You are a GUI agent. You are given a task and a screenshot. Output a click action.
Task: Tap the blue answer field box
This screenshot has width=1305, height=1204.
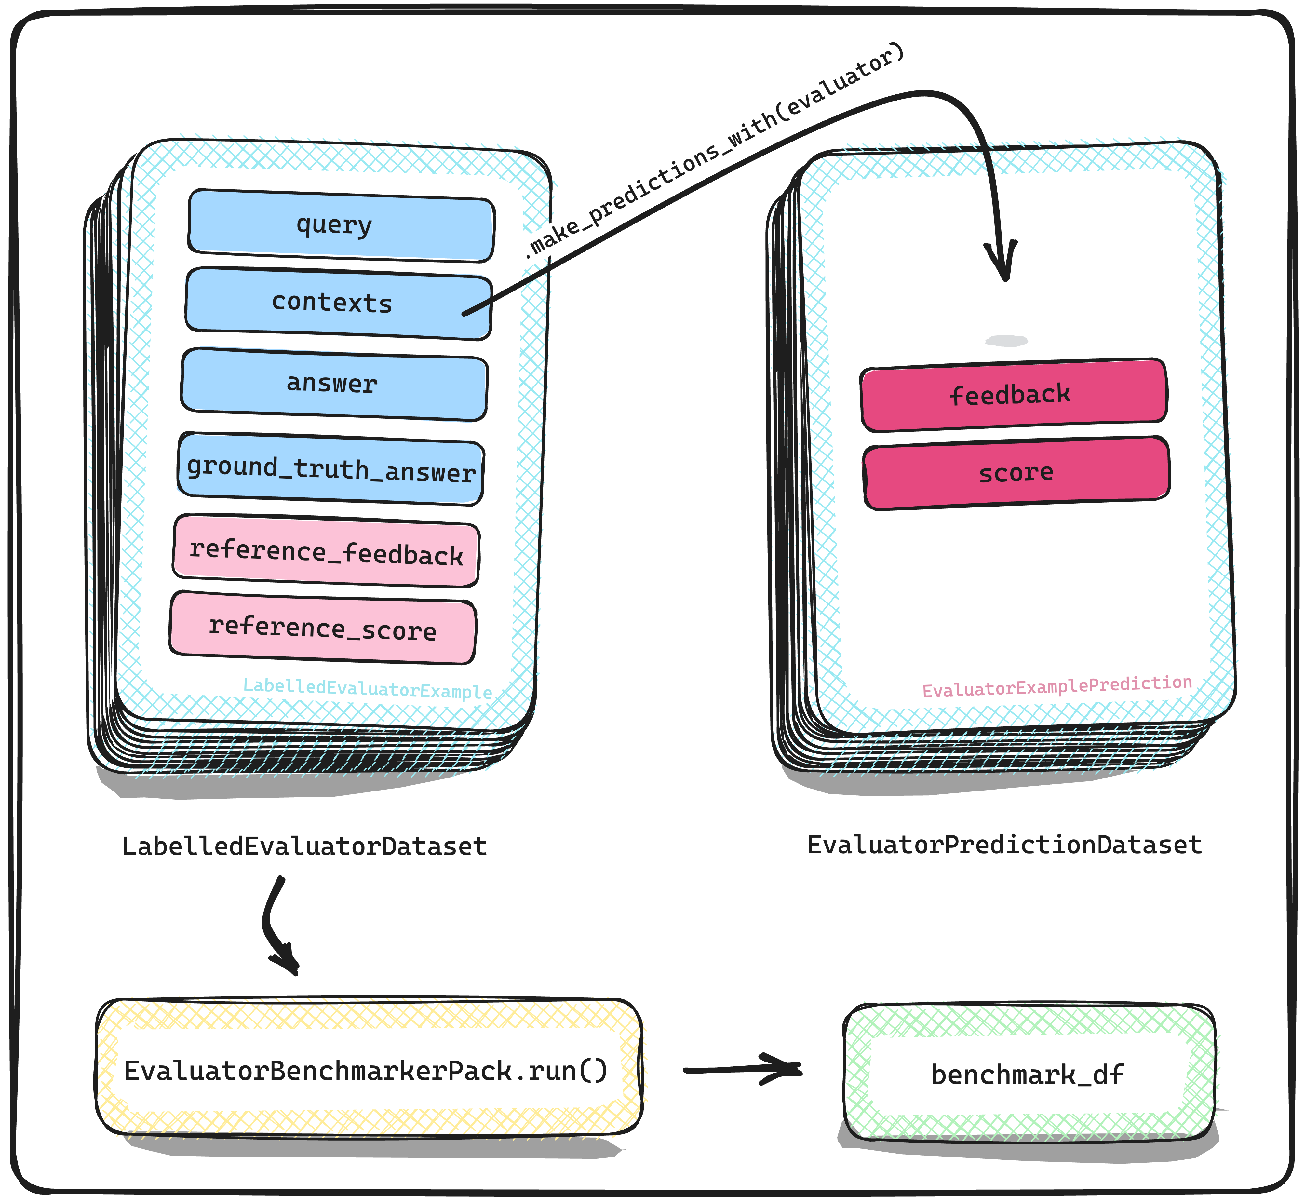334,384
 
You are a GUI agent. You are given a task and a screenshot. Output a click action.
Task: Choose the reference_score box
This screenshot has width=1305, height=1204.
322,628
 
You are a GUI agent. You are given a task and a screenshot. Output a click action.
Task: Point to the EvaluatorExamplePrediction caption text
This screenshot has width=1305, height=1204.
1057,686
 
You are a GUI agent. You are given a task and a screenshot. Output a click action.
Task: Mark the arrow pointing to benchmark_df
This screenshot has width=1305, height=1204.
743,1069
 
